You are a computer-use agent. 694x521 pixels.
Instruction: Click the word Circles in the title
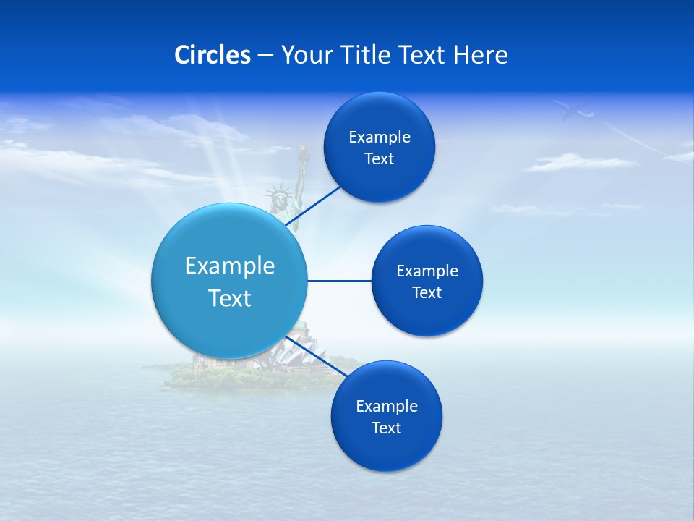coord(213,55)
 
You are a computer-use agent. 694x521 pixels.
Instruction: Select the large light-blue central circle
coord(230,281)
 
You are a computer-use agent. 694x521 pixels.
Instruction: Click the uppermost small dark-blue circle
coord(379,147)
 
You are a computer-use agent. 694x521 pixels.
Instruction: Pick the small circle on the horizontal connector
coord(427,281)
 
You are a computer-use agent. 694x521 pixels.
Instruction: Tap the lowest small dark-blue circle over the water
coord(386,416)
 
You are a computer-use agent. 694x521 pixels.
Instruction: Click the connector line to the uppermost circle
coord(314,204)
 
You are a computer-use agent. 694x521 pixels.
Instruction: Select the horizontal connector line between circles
coord(339,281)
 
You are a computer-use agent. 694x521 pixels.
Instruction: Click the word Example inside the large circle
coord(230,266)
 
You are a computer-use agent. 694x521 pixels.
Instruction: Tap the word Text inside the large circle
coord(230,298)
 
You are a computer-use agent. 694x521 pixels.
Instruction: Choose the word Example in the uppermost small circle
coord(379,137)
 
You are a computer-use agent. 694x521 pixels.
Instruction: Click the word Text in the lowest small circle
coord(386,428)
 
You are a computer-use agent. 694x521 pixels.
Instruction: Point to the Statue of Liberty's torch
coord(303,153)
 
